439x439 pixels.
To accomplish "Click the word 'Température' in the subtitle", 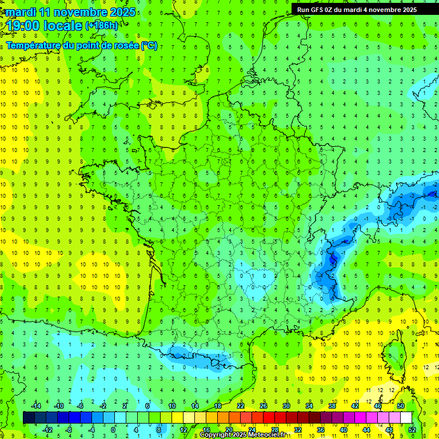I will pos(34,46).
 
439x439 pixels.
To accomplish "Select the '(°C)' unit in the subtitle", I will pos(149,46).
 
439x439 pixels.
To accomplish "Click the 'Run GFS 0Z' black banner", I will pos(357,9).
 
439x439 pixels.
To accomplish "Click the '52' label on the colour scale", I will pos(412,429).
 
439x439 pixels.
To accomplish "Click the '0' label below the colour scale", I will pos(113,429).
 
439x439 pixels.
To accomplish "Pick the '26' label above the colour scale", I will pos(263,405).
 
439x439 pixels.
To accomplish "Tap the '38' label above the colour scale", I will pos(332,405).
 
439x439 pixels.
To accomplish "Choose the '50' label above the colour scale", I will pos(400,405).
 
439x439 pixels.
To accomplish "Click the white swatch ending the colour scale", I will pos(406,417).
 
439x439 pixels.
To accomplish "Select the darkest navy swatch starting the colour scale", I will pos(29,417).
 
